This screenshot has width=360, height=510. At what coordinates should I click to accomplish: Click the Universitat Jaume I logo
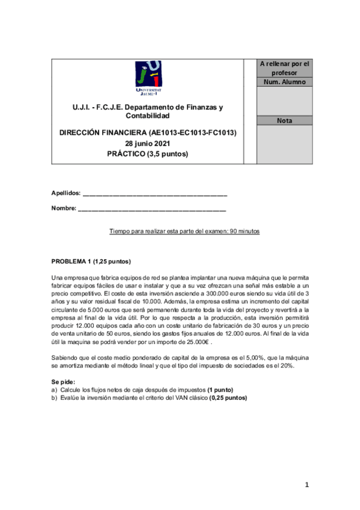(x=147, y=78)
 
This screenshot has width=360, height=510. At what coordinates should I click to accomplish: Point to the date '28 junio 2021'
(x=147, y=143)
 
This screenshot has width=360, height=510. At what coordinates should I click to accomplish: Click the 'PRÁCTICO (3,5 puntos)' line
(x=147, y=154)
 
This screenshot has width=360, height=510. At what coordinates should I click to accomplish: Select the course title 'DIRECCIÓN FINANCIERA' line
(x=147, y=132)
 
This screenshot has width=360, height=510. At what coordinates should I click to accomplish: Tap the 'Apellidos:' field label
(x=66, y=193)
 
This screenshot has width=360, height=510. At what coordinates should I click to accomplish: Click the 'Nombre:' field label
(x=64, y=209)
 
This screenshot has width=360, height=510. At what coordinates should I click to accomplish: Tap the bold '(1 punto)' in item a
(x=219, y=390)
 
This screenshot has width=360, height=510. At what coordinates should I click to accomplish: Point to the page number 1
(x=306, y=484)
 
